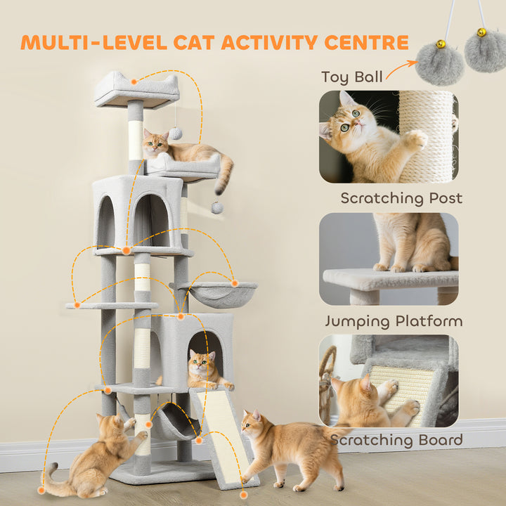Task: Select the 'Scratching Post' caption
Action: (401, 198)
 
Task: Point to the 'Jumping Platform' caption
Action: (394, 321)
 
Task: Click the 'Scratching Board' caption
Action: (397, 441)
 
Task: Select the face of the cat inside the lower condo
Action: (201, 365)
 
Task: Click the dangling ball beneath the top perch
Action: (176, 134)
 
